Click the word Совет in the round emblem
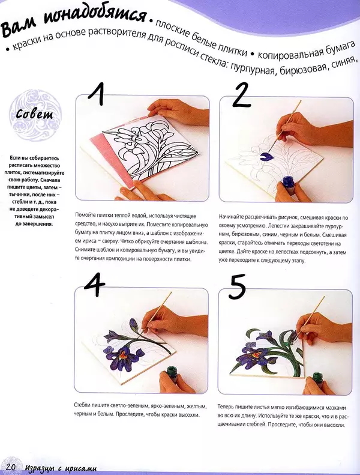point(35,114)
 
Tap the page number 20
point(10,467)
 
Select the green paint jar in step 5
point(317,377)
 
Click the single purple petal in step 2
point(266,156)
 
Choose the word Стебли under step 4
point(82,406)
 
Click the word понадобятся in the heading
point(92,17)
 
